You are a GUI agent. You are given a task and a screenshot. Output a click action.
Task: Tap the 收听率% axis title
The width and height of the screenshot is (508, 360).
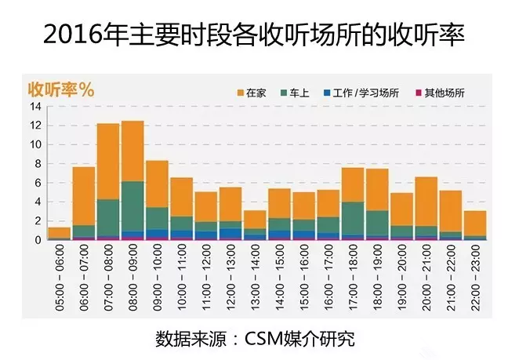[61, 89]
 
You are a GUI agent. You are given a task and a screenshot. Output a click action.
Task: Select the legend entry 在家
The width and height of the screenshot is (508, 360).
[256, 93]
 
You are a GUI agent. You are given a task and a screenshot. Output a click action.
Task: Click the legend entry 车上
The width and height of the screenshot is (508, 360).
[299, 93]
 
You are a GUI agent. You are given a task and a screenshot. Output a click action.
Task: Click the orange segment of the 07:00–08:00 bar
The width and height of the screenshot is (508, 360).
[108, 161]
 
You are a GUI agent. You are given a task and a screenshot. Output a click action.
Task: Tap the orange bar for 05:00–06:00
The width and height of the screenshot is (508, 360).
[60, 233]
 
